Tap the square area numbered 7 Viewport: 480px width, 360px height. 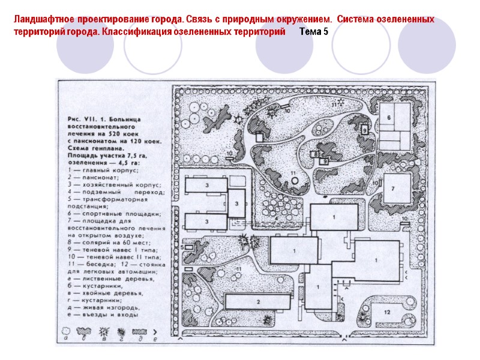(398, 190)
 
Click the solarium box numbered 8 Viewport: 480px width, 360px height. (315, 155)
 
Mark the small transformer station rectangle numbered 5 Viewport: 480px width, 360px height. (190, 247)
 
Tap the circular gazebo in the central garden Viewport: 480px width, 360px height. (293, 181)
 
